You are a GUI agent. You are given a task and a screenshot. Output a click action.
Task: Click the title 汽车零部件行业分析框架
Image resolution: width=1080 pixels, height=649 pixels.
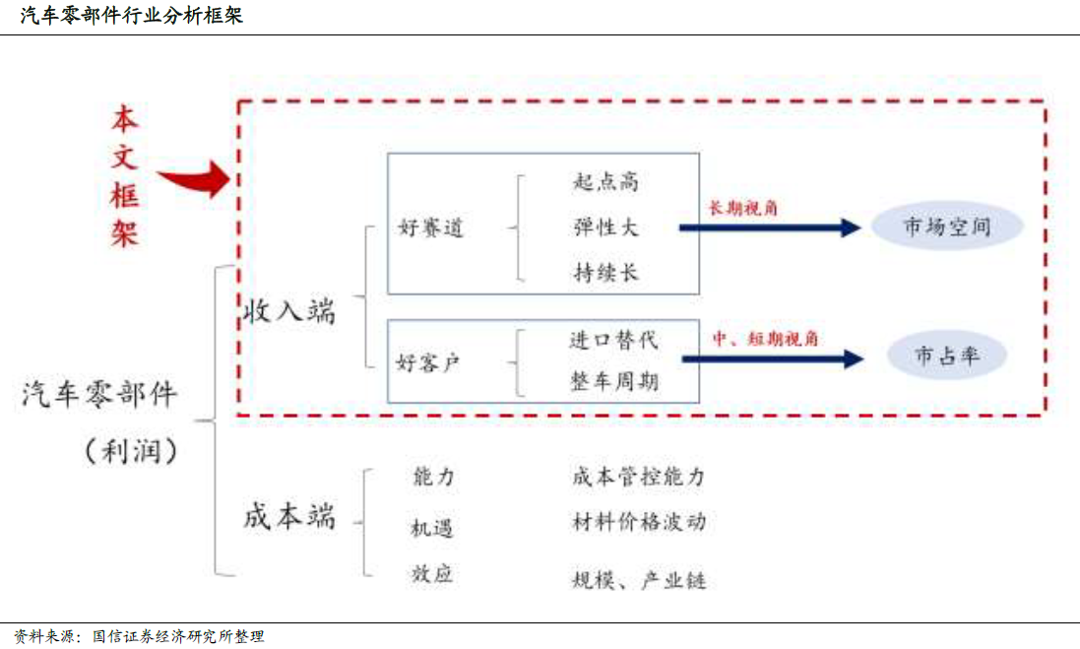(x=132, y=16)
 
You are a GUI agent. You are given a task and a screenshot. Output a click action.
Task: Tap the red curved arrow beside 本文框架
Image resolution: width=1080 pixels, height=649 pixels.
(x=194, y=179)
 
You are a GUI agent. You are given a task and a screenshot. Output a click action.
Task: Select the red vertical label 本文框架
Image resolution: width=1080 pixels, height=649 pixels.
(x=125, y=176)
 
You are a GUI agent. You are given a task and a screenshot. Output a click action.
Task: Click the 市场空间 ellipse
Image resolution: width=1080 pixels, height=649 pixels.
(x=947, y=227)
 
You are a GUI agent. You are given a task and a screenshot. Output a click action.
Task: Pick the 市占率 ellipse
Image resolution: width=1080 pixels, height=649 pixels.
(x=947, y=357)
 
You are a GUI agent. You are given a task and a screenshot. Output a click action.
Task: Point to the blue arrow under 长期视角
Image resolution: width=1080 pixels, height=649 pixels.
(x=769, y=227)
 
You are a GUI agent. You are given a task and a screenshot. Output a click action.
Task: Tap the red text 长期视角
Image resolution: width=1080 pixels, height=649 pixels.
(x=739, y=209)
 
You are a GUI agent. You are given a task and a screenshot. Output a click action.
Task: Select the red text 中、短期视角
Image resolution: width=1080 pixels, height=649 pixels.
(x=765, y=338)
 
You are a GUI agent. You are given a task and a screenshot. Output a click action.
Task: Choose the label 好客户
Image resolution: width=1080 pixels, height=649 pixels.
(x=428, y=363)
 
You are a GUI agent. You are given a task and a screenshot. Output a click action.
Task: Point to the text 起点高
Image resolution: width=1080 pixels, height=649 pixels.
(x=606, y=181)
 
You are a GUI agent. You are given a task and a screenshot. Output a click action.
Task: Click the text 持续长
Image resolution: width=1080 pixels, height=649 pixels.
(x=606, y=273)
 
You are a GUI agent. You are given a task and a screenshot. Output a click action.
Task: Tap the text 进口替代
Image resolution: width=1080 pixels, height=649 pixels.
(x=613, y=340)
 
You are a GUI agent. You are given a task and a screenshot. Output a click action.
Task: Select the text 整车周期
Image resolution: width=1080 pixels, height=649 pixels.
(x=613, y=381)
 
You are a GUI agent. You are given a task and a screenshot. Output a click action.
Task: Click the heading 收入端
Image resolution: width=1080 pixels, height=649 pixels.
(x=289, y=311)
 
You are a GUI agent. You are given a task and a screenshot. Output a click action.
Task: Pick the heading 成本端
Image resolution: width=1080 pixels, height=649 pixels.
(x=289, y=516)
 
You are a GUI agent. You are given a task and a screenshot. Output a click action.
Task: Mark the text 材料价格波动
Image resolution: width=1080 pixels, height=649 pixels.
(x=639, y=522)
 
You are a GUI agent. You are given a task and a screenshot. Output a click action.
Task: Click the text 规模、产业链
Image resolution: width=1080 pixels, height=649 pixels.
(x=639, y=580)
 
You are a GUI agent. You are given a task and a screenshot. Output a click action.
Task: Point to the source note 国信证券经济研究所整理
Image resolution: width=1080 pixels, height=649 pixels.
(x=178, y=636)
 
